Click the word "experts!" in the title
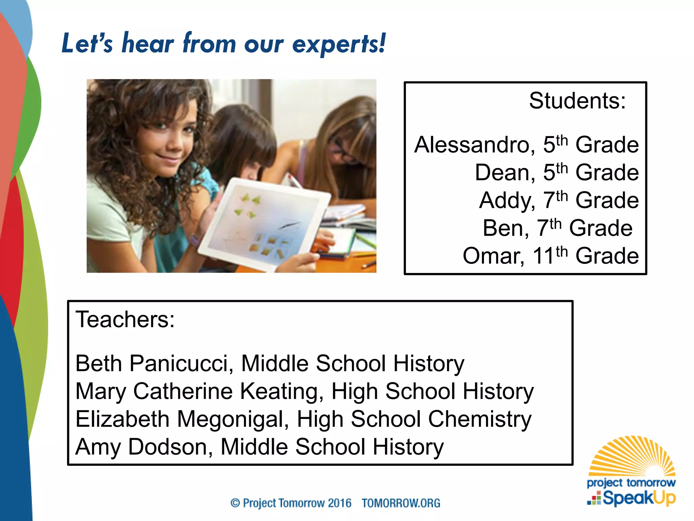339,44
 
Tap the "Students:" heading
577,101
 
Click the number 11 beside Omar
544,256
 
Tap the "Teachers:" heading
125,320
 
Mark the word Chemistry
480,419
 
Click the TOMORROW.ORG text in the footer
401,503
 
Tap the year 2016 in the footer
340,503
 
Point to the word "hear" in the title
148,44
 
